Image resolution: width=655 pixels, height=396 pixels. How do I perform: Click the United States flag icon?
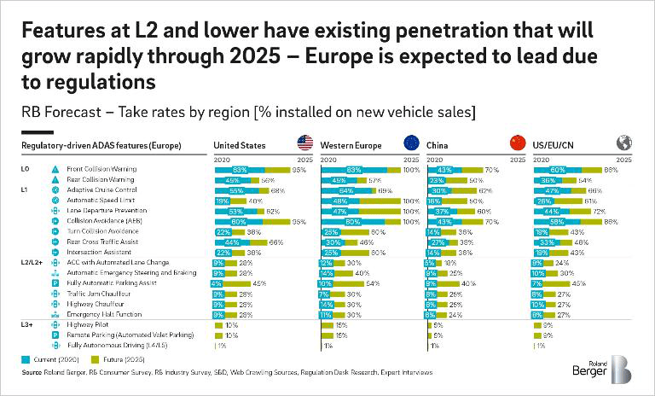(x=304, y=144)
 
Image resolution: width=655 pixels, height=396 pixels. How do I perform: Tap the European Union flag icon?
(x=410, y=144)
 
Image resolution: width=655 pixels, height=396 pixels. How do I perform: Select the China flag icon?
(x=517, y=144)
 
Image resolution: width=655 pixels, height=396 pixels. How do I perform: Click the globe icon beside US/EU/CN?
(x=623, y=144)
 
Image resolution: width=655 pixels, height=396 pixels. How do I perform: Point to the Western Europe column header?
(x=350, y=145)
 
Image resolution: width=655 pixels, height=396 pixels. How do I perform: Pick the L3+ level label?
(x=26, y=325)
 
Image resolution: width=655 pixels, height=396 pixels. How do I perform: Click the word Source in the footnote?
(x=32, y=373)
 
